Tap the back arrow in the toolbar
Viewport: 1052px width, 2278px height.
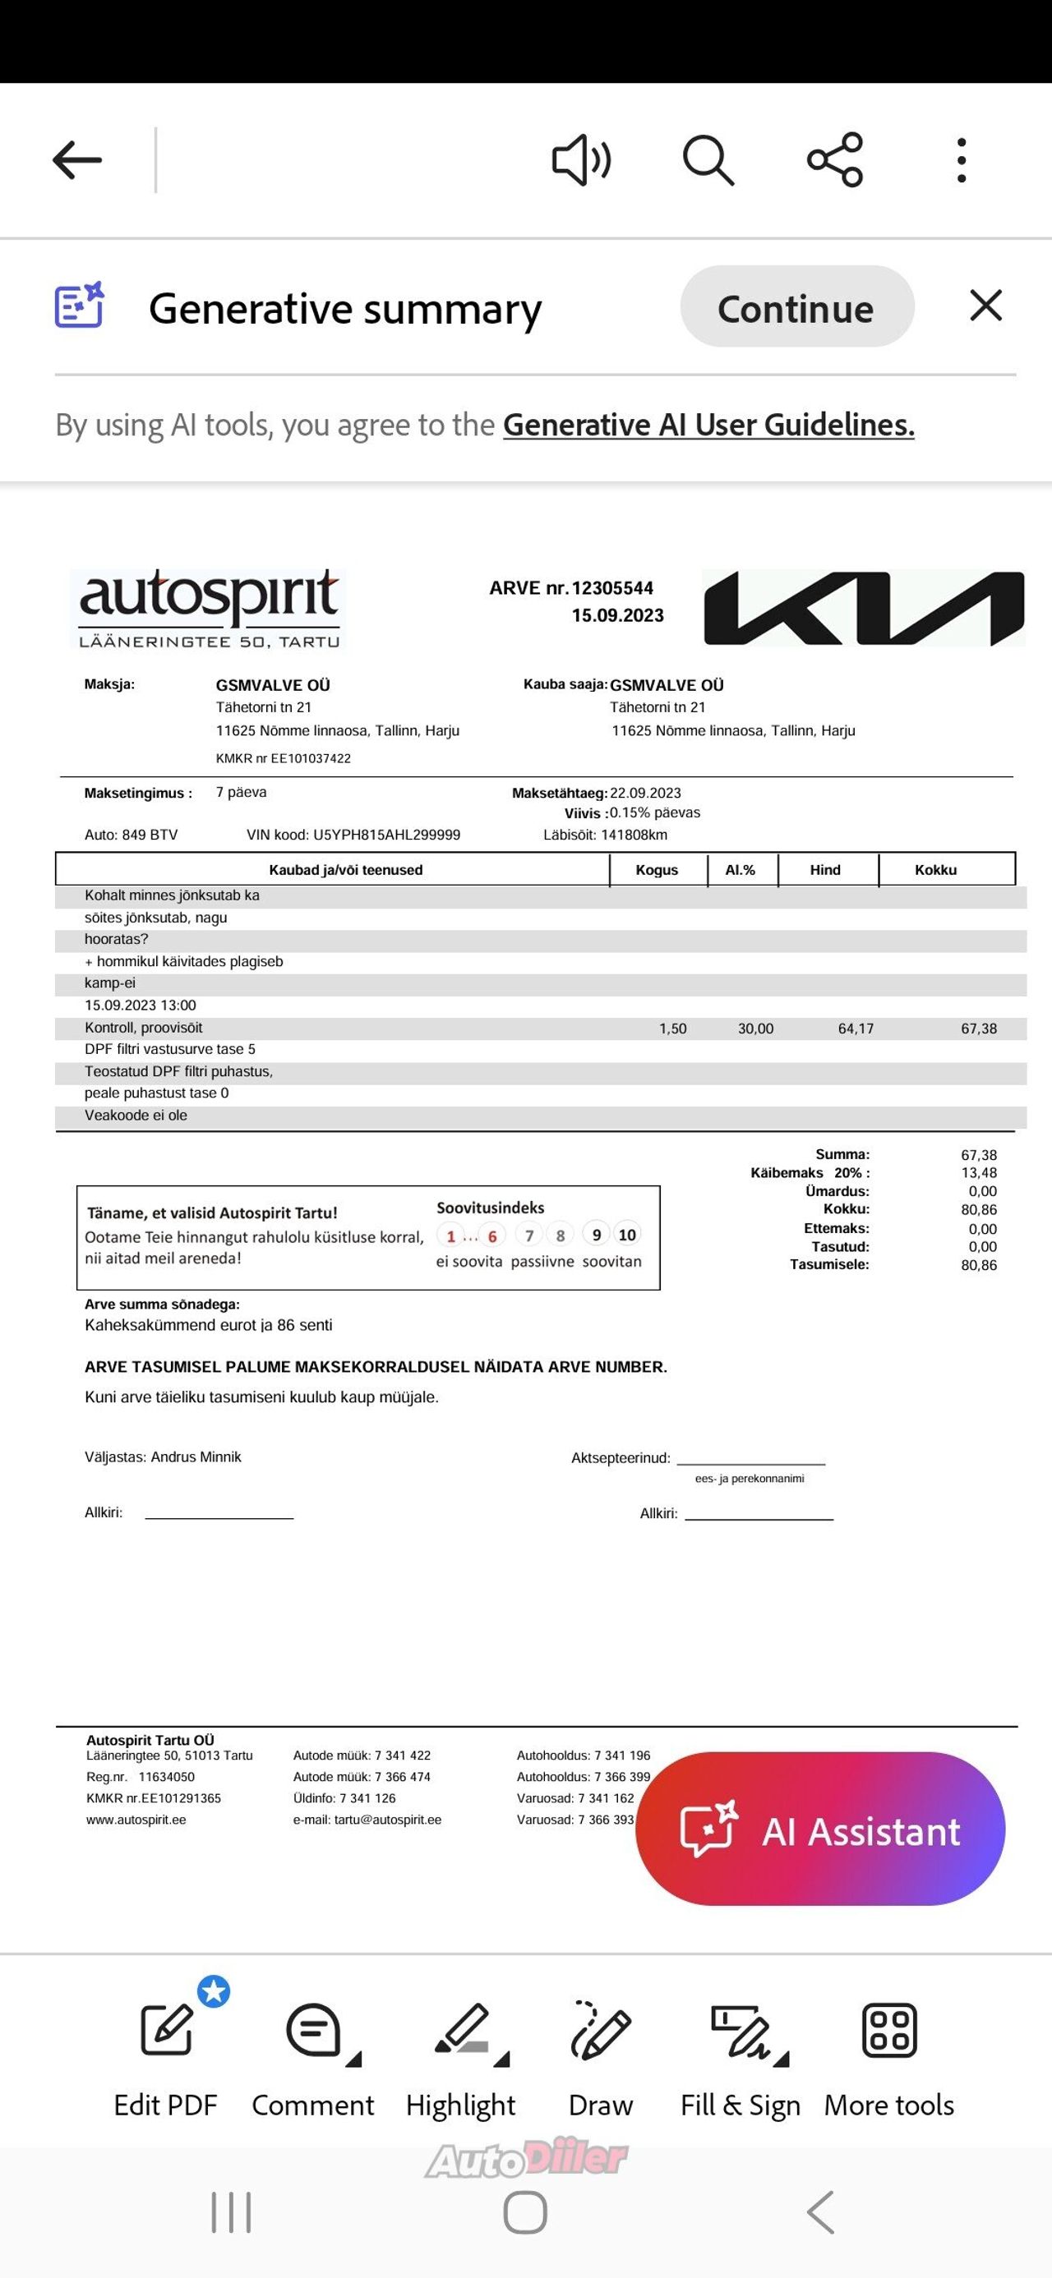(x=77, y=160)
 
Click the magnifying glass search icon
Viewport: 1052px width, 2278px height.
(x=708, y=160)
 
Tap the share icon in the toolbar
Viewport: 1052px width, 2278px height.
(x=834, y=160)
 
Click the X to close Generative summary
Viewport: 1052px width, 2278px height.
(x=985, y=306)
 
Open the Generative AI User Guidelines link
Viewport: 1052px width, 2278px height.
(x=708, y=426)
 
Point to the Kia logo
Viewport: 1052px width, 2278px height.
(x=864, y=608)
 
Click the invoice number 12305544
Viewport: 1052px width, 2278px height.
(x=612, y=588)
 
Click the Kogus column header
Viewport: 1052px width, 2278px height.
(x=657, y=870)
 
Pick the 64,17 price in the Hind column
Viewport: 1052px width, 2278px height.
(x=856, y=1029)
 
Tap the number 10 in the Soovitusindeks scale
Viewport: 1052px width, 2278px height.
(x=627, y=1235)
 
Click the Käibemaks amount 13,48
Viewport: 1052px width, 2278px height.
(x=979, y=1172)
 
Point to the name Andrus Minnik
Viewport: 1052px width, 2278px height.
(x=196, y=1457)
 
